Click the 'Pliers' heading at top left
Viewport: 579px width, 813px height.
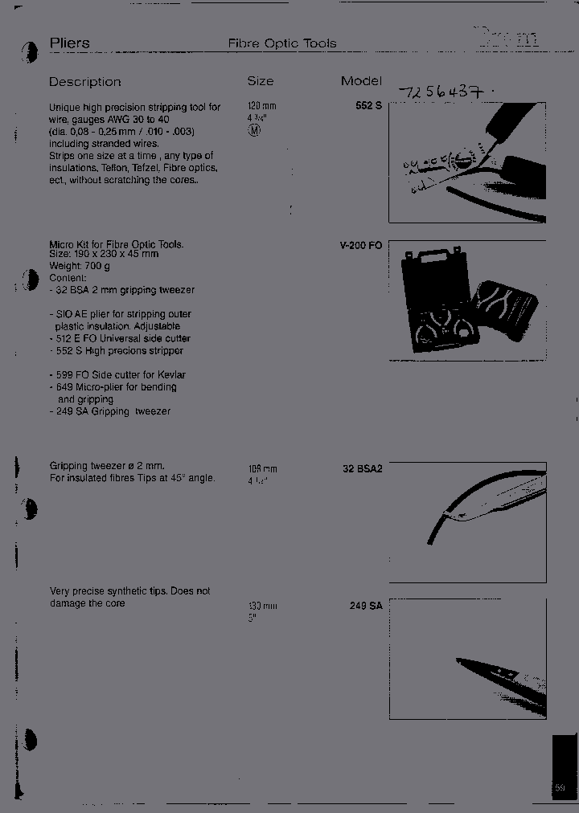(70, 43)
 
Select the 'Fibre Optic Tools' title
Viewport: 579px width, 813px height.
(281, 43)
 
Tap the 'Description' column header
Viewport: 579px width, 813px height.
(84, 82)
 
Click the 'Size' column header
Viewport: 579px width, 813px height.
(260, 81)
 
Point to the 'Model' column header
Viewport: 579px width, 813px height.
(361, 81)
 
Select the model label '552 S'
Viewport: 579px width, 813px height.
(368, 105)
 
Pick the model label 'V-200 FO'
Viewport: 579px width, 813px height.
(361, 245)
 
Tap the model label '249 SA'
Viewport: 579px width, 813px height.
(366, 606)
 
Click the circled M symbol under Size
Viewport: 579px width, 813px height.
(255, 130)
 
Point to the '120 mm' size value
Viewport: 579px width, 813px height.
(262, 106)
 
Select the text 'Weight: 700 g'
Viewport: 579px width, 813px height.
(80, 266)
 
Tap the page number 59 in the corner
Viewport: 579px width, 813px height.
(561, 788)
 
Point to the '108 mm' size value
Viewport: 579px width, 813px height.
(262, 469)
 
